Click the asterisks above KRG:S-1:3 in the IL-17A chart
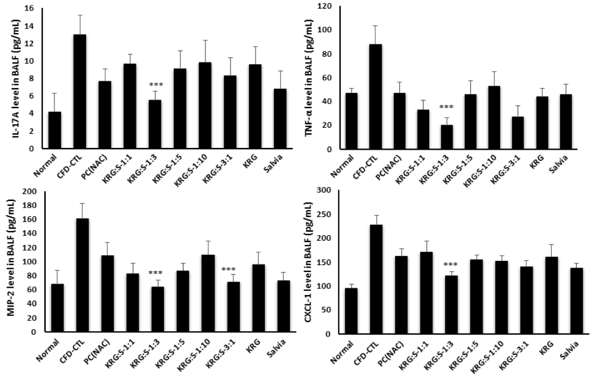tap(155, 85)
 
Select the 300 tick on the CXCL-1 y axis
tap(329, 191)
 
